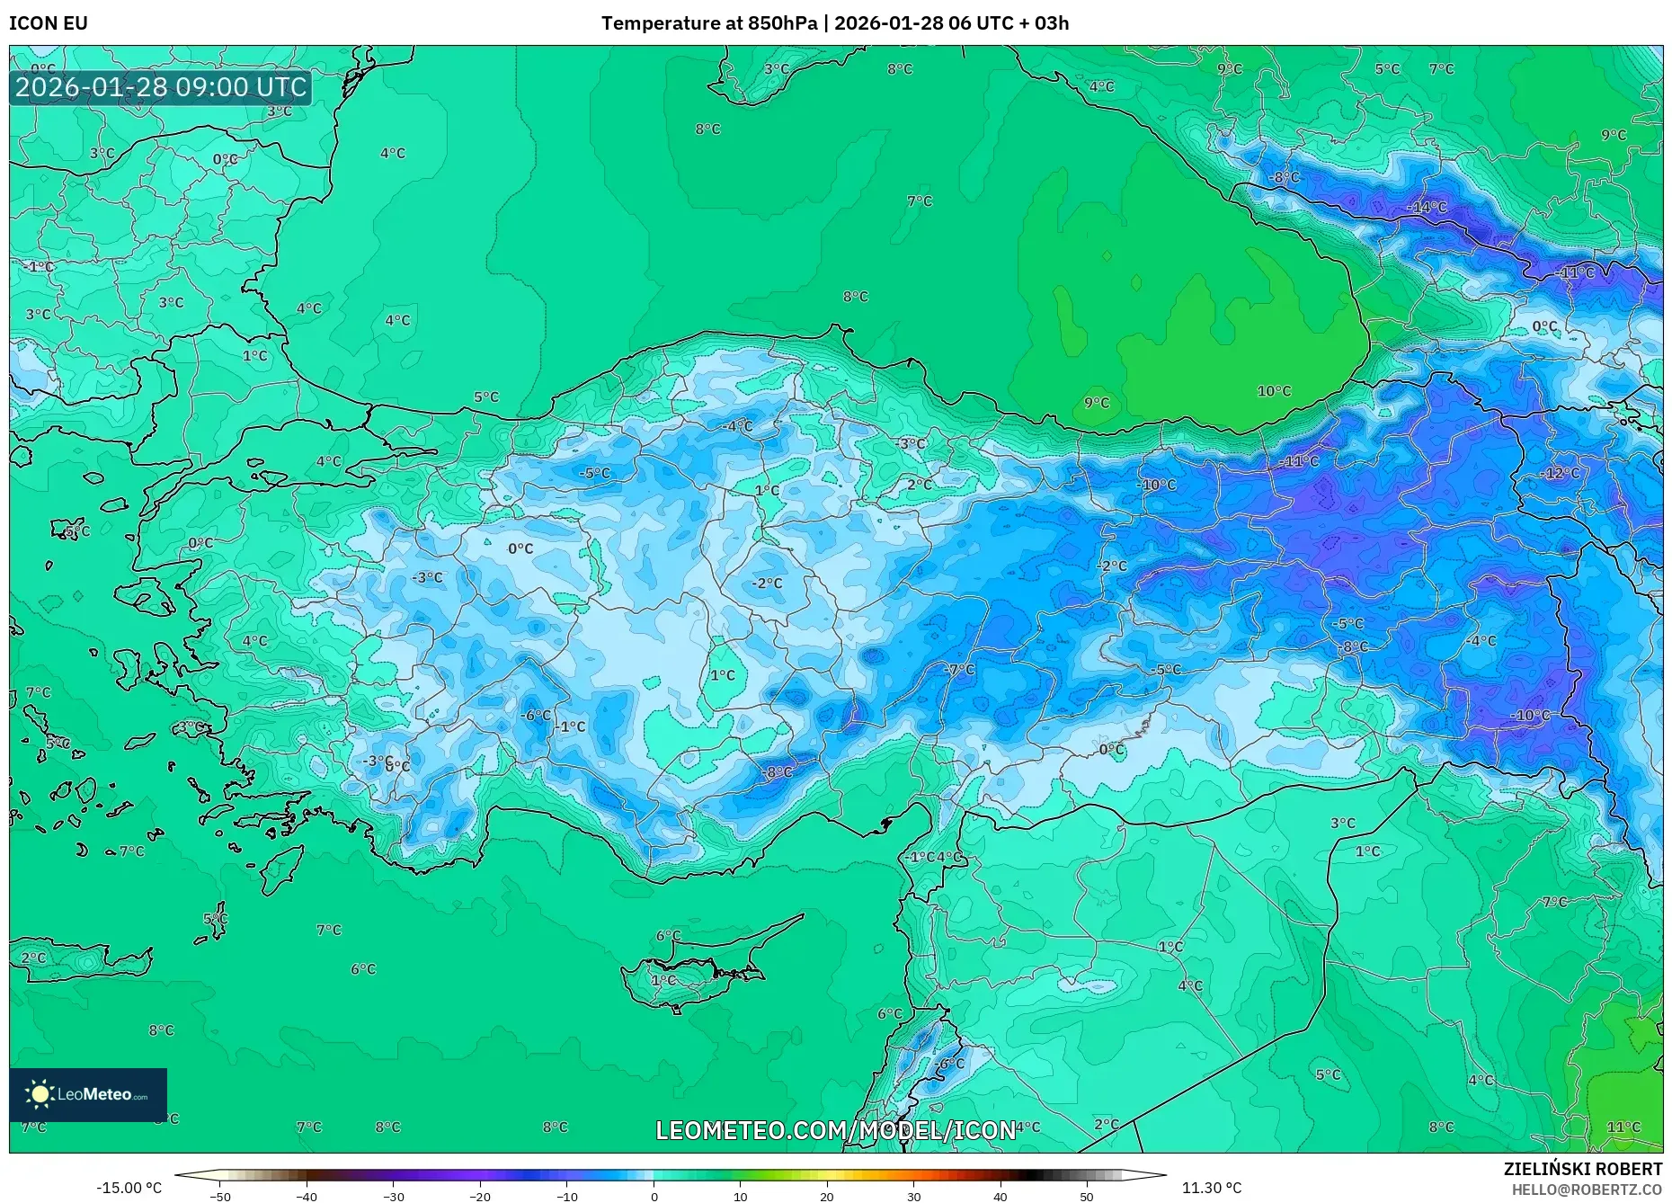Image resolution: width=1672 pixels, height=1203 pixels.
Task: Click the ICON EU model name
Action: click(49, 23)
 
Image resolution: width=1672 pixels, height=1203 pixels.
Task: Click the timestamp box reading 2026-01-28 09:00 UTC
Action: click(161, 87)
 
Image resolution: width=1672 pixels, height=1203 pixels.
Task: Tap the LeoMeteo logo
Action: click(88, 1094)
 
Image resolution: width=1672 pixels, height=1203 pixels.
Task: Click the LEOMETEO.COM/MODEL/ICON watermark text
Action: click(836, 1130)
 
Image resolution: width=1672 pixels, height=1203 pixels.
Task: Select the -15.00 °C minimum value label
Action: click(129, 1188)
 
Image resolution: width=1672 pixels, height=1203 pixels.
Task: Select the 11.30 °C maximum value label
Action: click(1211, 1188)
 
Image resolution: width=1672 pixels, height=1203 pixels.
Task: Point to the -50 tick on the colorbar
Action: click(220, 1196)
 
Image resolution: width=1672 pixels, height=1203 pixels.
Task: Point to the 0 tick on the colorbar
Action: click(654, 1196)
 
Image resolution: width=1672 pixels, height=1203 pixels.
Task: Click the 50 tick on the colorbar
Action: click(1087, 1196)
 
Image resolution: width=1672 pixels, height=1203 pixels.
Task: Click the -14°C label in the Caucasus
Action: click(1427, 208)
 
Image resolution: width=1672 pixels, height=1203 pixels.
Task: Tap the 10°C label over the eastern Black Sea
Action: click(1274, 391)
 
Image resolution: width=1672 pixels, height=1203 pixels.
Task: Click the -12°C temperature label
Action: click(1560, 473)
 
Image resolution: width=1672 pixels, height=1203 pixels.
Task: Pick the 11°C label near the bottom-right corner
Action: click(1623, 1127)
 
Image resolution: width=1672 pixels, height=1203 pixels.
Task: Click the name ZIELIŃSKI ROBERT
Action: click(1582, 1169)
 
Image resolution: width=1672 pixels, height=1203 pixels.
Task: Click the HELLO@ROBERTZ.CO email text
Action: click(1587, 1190)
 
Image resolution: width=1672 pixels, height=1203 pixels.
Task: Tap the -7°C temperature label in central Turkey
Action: click(960, 670)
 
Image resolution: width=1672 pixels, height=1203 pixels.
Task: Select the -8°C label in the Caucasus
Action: click(1284, 177)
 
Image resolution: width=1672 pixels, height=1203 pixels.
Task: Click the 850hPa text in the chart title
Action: click(782, 23)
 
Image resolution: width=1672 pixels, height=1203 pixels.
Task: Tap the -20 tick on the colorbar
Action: click(480, 1196)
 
